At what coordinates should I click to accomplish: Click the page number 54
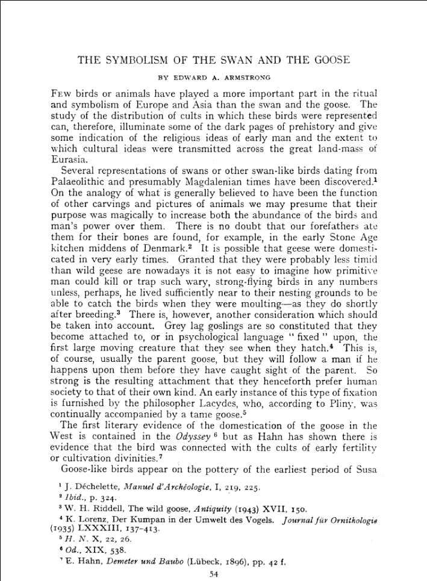[x=213, y=574]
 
